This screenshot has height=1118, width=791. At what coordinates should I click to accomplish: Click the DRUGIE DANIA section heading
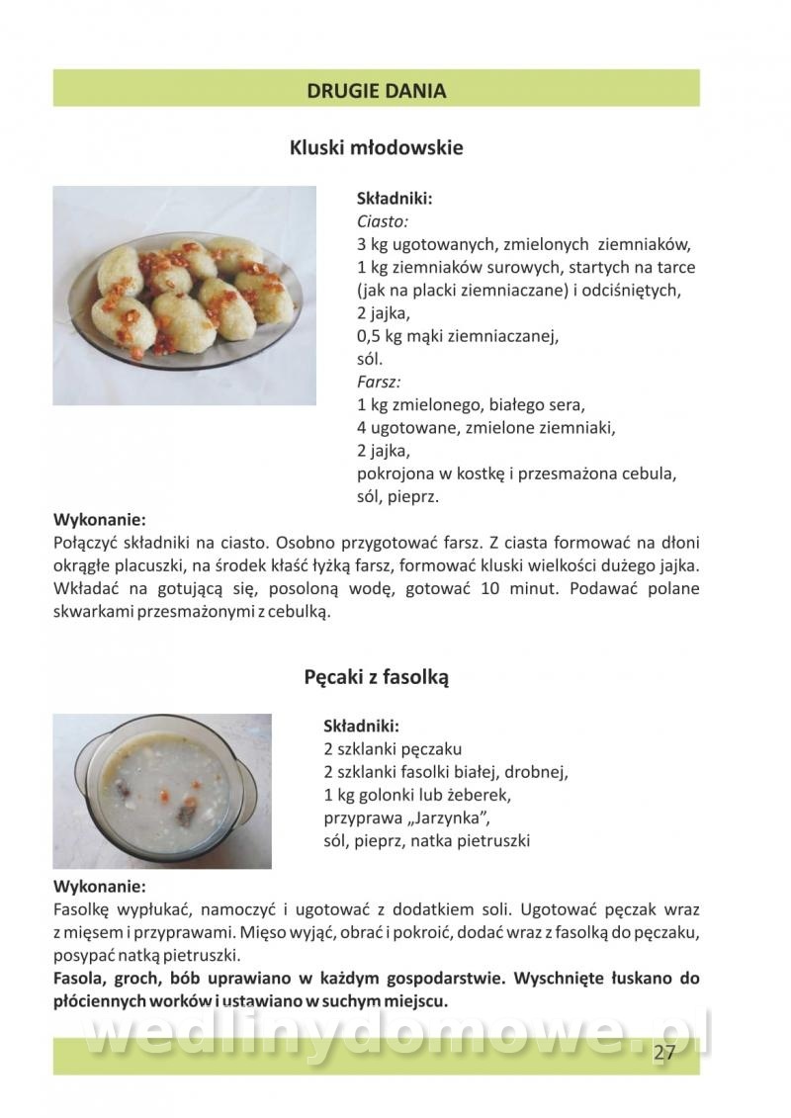click(376, 91)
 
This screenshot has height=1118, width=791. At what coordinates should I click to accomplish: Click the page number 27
click(663, 1052)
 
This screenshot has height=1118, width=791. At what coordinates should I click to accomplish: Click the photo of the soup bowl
click(161, 790)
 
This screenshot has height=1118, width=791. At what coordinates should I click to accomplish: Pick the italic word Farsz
click(378, 382)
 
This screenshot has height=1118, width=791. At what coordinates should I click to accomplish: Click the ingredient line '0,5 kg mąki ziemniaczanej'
click(457, 336)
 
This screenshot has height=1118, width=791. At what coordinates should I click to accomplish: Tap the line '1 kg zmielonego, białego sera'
click(471, 404)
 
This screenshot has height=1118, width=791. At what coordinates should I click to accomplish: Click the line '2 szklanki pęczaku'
click(393, 748)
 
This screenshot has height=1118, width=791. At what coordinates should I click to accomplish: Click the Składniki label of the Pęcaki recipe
click(361, 726)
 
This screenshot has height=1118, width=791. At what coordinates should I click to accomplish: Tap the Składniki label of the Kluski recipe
click(394, 198)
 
